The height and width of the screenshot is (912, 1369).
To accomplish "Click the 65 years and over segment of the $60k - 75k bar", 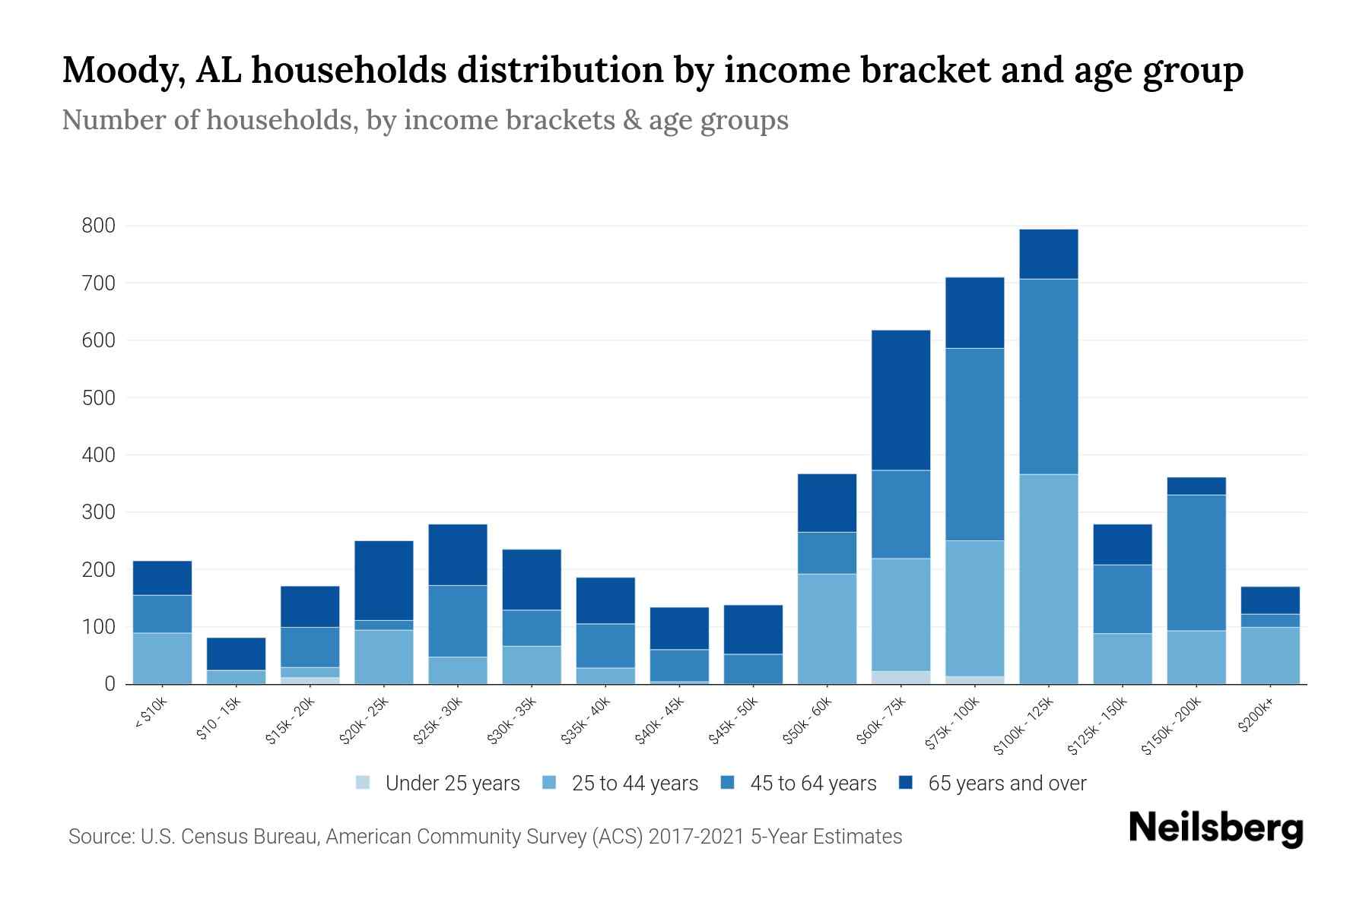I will (900, 400).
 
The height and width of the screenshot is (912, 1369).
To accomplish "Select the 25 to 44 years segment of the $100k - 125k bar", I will (1048, 579).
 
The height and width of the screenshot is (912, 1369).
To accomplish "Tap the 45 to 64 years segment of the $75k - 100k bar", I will (974, 444).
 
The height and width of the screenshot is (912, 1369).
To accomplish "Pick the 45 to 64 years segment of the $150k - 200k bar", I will (1196, 562).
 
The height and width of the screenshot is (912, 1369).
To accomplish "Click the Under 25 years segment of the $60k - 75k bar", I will (900, 677).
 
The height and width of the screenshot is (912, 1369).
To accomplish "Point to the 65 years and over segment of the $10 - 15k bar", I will (236, 654).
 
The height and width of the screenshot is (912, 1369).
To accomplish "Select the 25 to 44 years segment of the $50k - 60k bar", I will (827, 629).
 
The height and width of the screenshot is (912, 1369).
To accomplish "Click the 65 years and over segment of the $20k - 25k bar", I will (383, 580).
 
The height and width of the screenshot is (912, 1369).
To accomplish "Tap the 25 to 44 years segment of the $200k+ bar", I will (1269, 655).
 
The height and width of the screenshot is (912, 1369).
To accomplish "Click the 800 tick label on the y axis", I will (99, 226).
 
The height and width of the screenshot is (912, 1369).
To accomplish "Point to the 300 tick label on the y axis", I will (99, 512).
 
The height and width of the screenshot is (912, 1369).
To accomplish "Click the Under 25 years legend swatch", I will (363, 782).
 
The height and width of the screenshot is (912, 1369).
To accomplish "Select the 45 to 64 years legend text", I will (813, 784).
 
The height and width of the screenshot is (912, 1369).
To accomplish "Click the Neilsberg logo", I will (1215, 830).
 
